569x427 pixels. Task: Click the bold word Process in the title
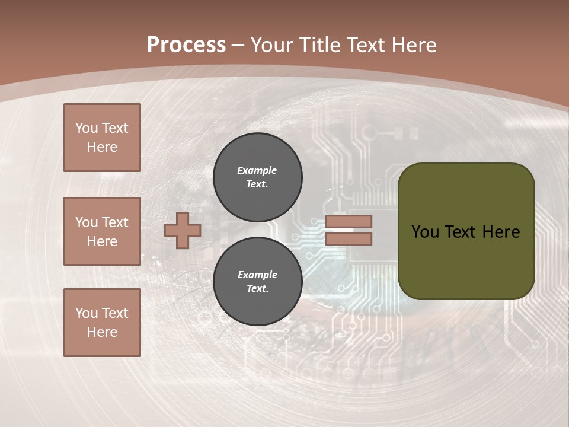point(186,45)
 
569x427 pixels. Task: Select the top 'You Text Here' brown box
point(102,138)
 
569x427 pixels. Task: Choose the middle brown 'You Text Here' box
point(102,231)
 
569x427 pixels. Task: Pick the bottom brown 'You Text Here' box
point(102,322)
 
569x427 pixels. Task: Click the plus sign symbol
point(183,230)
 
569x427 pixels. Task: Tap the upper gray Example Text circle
point(257,177)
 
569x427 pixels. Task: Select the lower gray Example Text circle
point(257,281)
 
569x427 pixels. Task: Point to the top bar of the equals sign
point(349,221)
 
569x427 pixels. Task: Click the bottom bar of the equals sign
point(349,239)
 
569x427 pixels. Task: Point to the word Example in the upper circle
point(257,170)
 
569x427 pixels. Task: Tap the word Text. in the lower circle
point(257,289)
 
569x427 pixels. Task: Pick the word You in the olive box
point(425,231)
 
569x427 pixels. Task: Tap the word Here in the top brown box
point(102,147)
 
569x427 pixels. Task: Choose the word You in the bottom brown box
point(87,313)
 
